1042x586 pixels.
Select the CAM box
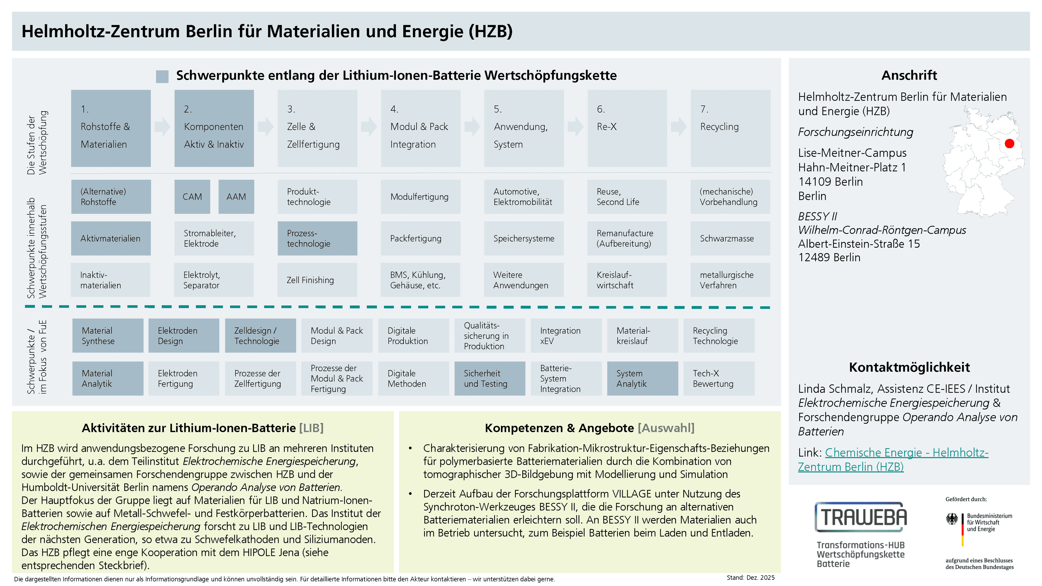pyautogui.click(x=192, y=196)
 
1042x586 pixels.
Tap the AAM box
pyautogui.click(x=236, y=196)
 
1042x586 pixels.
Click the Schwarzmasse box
pyautogui.click(x=730, y=238)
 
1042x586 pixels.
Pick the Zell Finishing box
pyautogui.click(x=317, y=280)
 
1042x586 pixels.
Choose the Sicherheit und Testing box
pyautogui.click(x=490, y=378)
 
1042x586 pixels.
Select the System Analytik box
pyautogui.click(x=642, y=378)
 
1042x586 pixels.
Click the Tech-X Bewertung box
pyautogui.click(x=719, y=378)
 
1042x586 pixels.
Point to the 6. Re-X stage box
pyautogui.click(x=627, y=128)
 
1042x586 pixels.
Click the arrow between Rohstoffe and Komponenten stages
pyautogui.click(x=163, y=127)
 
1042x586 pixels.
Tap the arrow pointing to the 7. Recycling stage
pyautogui.click(x=679, y=127)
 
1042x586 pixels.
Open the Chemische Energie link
pyautogui.click(x=893, y=459)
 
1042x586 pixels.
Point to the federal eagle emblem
pyautogui.click(x=952, y=519)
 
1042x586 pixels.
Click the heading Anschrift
pyautogui.click(x=909, y=75)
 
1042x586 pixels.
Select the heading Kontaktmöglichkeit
pyautogui.click(x=909, y=367)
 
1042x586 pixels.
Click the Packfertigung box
pyautogui.click(x=421, y=238)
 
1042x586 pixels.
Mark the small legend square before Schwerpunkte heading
pyautogui.click(x=162, y=77)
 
